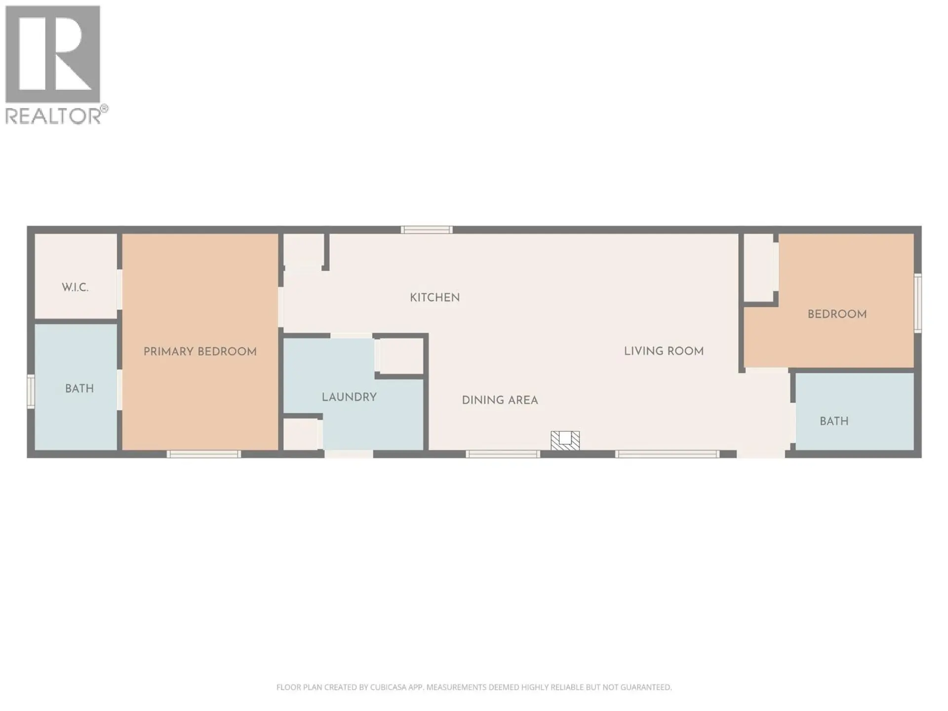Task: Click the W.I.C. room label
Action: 75,287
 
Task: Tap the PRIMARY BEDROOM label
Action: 200,352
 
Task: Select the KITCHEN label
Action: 434,298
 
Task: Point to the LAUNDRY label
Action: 349,397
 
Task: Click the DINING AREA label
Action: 500,400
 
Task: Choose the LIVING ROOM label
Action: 664,351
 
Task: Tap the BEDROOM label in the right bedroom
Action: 837,314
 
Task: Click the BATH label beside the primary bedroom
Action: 79,389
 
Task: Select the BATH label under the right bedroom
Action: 834,421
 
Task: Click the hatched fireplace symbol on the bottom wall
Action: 565,440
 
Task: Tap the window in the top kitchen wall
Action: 427,230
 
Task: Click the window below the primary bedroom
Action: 204,454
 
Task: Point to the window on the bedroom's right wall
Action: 917,303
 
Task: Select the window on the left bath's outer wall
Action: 31,391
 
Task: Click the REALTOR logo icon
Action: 53,54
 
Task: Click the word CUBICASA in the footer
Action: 388,687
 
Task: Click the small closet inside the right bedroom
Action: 758,268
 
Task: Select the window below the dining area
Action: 503,454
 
